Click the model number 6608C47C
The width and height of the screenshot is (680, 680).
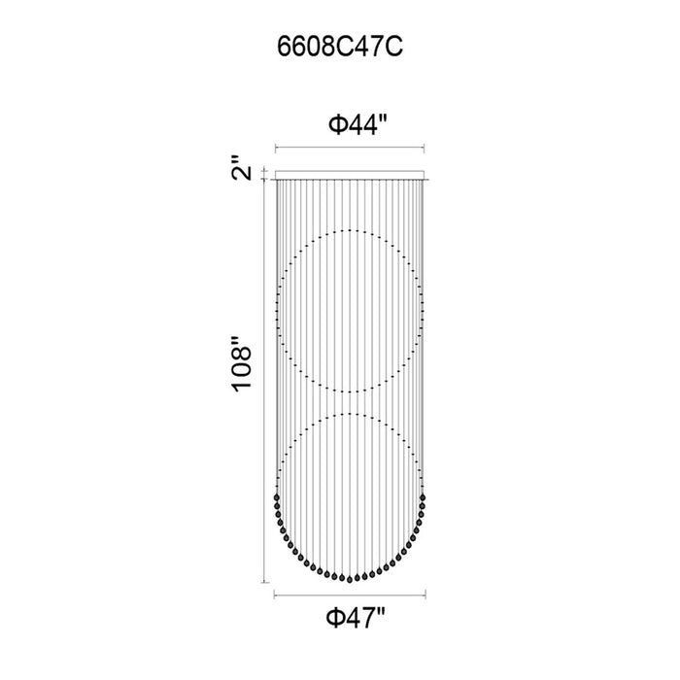340,47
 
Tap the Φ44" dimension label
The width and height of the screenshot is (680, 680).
357,124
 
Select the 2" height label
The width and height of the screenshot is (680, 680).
241,167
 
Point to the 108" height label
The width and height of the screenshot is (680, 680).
241,364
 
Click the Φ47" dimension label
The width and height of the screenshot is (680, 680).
356,617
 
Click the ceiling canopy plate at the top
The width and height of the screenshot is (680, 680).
350,175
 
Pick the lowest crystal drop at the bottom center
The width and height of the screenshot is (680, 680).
350,580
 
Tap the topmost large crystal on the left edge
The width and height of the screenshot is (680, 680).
277,497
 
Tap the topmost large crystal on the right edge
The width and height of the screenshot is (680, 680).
423,497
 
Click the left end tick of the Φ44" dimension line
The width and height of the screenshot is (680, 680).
276,149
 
